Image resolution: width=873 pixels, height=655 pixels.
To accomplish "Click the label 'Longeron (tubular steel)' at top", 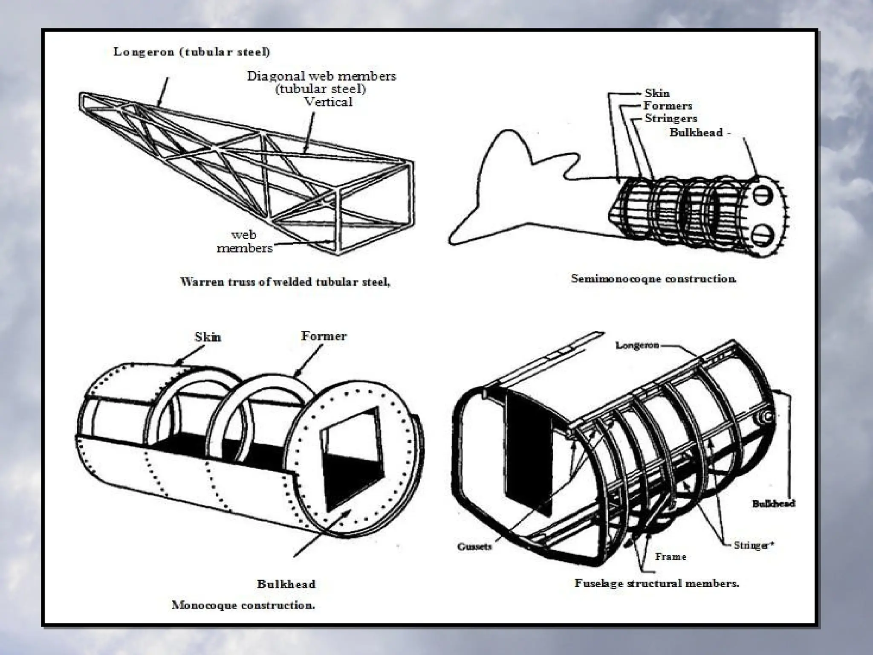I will point(191,52).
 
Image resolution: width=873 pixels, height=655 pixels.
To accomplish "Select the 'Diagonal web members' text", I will point(321,76).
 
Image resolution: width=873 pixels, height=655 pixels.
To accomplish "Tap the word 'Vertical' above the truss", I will point(328,102).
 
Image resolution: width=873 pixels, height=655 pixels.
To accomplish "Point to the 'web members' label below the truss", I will point(244,241).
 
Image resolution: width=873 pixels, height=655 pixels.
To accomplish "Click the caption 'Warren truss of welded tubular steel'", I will point(285,282).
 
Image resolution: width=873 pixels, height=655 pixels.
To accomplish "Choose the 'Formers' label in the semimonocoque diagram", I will point(668,106).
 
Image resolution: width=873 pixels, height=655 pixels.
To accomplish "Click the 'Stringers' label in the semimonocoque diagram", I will point(671,118).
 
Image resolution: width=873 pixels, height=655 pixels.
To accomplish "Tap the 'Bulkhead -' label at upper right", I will point(700,132).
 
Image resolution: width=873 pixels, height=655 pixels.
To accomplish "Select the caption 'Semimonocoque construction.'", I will point(653,279).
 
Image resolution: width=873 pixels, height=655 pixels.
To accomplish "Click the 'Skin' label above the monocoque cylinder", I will point(208,337).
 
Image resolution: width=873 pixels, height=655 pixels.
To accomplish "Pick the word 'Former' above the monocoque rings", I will point(324,336).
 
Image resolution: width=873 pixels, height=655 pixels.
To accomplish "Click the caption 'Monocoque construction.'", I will point(243,605).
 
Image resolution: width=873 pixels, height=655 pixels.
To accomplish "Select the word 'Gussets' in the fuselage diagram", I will point(474,546).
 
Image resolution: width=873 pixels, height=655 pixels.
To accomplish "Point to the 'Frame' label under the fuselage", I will point(671,556).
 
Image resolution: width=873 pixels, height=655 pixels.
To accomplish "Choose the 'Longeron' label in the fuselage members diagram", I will point(637,345).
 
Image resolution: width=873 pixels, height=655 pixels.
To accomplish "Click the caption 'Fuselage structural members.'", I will point(656,583).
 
